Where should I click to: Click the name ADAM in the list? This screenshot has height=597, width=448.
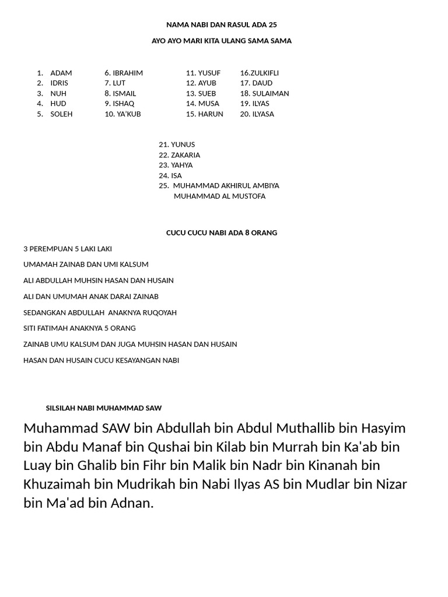pyautogui.click(x=61, y=73)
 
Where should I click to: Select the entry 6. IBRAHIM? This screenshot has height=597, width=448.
pyautogui.click(x=124, y=73)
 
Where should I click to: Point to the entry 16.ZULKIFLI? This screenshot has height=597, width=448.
pyautogui.click(x=259, y=73)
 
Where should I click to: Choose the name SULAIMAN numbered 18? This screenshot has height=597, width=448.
pyautogui.click(x=270, y=93)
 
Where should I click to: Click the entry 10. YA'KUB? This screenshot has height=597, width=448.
pyautogui.click(x=123, y=114)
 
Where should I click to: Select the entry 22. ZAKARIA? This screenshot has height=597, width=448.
pyautogui.click(x=179, y=155)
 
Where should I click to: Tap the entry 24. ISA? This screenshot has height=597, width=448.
pyautogui.click(x=170, y=175)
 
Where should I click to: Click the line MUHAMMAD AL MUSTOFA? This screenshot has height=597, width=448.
pyautogui.click(x=219, y=196)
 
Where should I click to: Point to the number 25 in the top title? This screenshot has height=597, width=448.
pyautogui.click(x=272, y=25)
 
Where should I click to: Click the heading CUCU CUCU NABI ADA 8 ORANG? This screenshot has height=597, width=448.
pyautogui.click(x=222, y=233)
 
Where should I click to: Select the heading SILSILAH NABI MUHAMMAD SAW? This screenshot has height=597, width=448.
pyautogui.click(x=104, y=408)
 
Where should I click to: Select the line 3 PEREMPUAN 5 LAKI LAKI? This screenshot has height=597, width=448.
pyautogui.click(x=68, y=249)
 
